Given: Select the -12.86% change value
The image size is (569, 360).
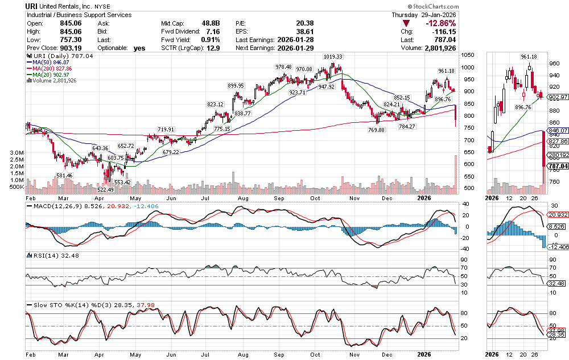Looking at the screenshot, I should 551,23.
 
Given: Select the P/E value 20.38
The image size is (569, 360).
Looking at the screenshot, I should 305,23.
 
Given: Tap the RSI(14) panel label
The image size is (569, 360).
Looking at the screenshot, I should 40,255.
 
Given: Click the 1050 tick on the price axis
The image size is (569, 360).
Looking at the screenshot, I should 468,55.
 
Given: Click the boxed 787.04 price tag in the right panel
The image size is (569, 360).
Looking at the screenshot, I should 558,166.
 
